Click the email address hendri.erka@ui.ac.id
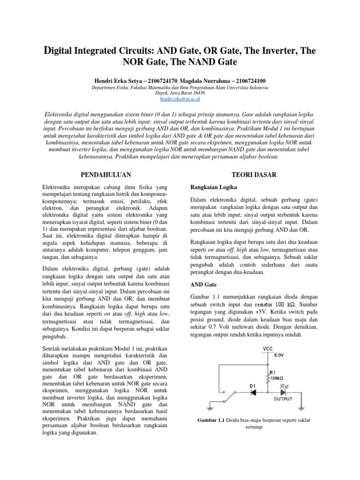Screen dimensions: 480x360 (180, 99)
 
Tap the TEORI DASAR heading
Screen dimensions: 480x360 (253, 174)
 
